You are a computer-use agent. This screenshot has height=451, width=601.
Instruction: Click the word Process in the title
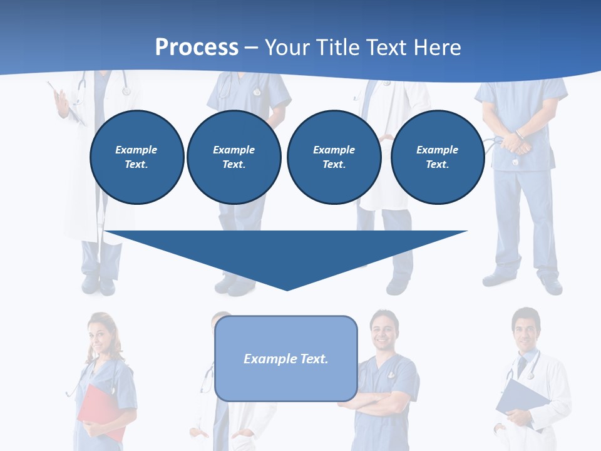click(x=197, y=47)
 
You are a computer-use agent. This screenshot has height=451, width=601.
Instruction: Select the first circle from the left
click(x=137, y=157)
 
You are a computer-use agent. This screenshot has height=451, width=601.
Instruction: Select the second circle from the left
click(x=234, y=157)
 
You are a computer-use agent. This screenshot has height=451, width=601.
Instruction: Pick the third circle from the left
click(x=334, y=157)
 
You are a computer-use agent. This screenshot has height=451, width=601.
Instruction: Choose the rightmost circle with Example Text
click(x=438, y=157)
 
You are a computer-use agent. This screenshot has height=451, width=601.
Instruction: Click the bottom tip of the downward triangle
click(x=287, y=289)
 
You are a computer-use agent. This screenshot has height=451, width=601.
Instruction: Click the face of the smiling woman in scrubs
click(x=102, y=333)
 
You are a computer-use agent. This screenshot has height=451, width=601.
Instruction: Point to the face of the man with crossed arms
click(x=382, y=331)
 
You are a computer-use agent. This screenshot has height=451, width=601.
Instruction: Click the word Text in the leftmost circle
click(x=136, y=165)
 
